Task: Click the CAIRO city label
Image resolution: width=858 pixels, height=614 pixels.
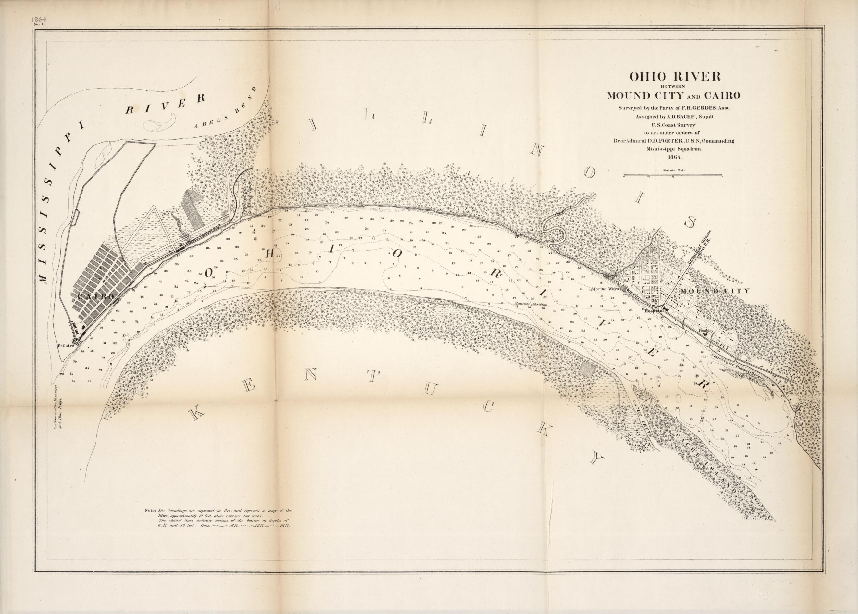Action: tap(95, 297)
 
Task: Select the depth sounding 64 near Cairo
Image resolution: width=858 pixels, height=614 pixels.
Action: tap(113, 320)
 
